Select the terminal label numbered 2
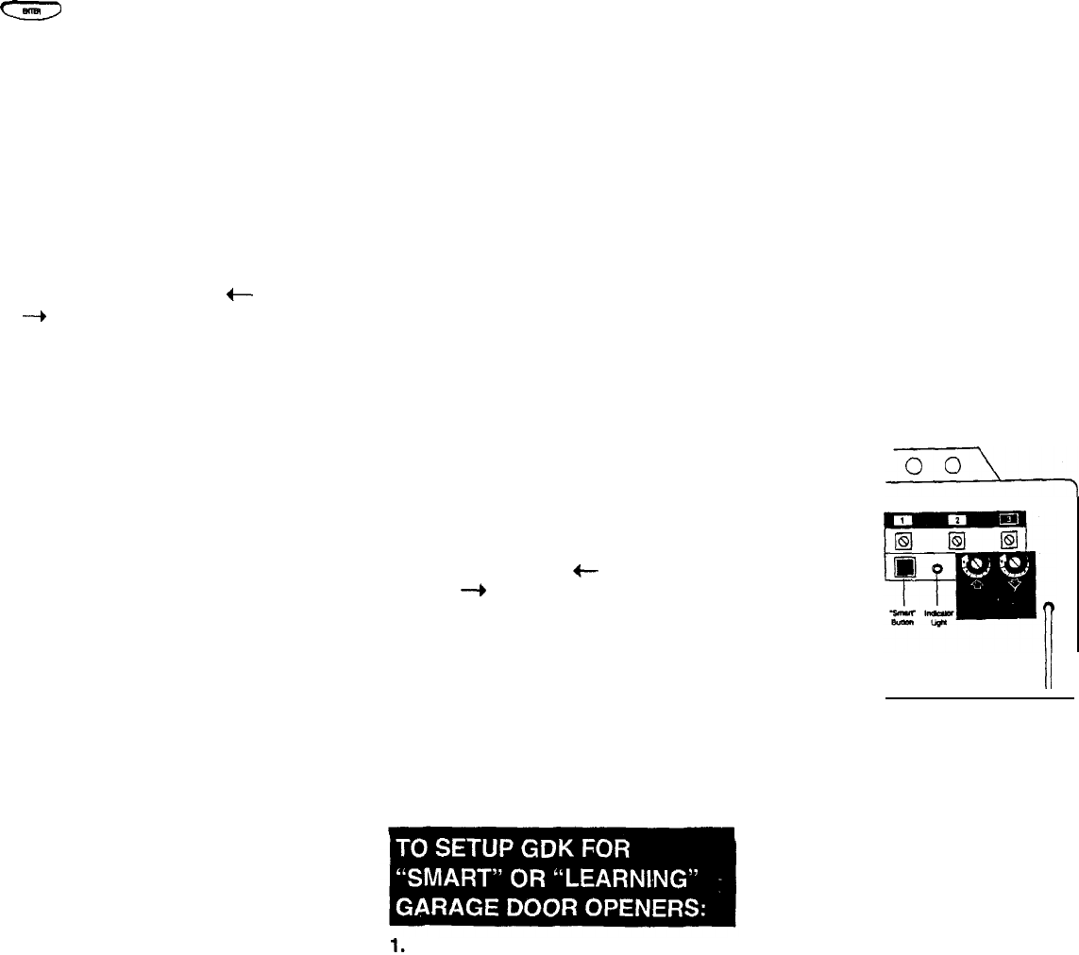[956, 519]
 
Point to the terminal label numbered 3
[1009, 519]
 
